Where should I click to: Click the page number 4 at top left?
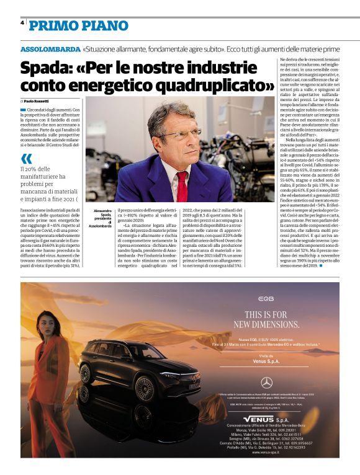coord(22,23)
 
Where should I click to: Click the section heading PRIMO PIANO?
coord(79,25)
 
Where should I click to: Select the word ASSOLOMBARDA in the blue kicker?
coord(49,48)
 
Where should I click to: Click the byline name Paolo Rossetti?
coord(37,100)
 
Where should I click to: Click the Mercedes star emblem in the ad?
coord(266,383)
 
